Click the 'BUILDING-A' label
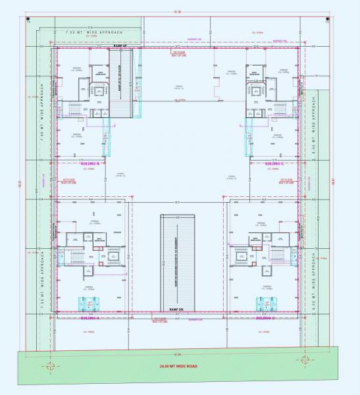[88, 317]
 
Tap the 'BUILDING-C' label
[270, 163]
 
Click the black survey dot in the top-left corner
[28, 19]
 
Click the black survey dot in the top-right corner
[328, 19]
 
